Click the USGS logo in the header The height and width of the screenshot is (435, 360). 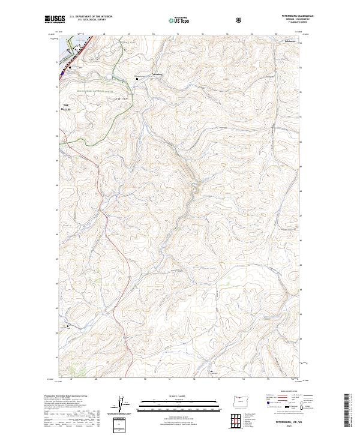tap(55, 19)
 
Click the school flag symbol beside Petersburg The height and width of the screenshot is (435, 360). tap(136, 79)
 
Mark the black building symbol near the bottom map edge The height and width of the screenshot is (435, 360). tap(211, 372)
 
